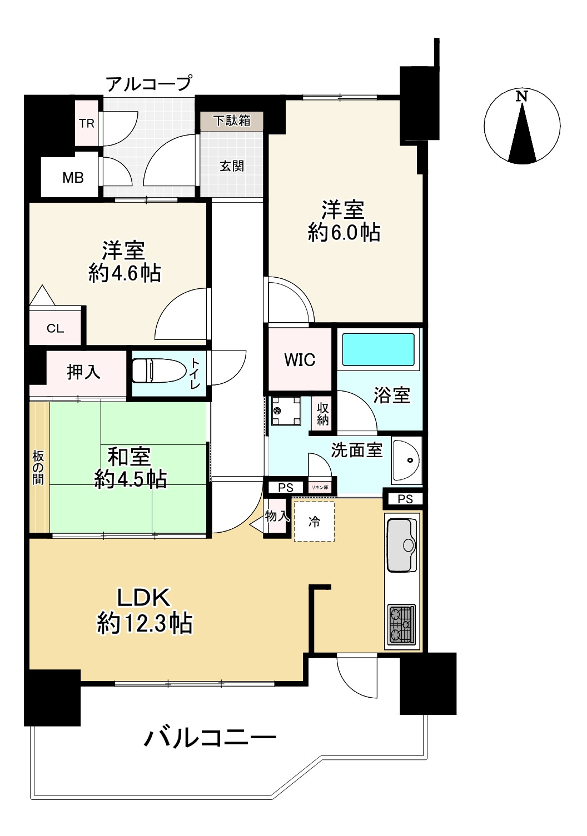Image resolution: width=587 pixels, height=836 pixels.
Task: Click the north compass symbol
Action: click(x=522, y=127)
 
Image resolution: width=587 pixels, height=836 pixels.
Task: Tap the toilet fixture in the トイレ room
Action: click(x=158, y=371)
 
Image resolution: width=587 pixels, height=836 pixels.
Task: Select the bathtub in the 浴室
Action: click(x=378, y=349)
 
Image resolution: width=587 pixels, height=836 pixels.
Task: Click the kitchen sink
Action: click(x=401, y=545)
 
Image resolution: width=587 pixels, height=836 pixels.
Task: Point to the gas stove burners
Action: click(x=401, y=624)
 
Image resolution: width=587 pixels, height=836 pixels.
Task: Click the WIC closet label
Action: click(x=300, y=360)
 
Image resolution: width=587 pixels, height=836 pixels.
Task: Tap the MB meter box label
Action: click(x=73, y=178)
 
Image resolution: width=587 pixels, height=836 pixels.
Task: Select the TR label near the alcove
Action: click(x=87, y=123)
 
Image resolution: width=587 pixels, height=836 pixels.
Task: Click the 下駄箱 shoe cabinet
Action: click(x=232, y=121)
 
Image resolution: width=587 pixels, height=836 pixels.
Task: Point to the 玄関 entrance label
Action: click(x=232, y=166)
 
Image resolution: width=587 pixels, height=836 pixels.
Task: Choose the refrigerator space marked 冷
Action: click(x=314, y=522)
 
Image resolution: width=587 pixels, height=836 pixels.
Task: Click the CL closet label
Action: click(x=55, y=328)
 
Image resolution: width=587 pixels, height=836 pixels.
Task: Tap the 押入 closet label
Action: click(x=83, y=371)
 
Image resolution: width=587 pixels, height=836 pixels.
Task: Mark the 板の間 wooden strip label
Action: click(x=38, y=467)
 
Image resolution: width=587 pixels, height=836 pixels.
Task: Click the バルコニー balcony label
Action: click(x=210, y=738)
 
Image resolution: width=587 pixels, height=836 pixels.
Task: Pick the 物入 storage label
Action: click(x=276, y=516)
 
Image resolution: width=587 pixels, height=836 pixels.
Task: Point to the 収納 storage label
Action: click(x=322, y=414)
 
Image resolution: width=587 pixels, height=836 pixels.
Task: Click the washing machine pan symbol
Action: click(x=286, y=411)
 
